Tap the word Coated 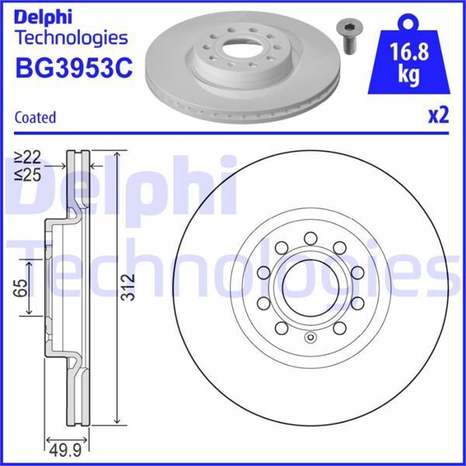[x=35, y=117]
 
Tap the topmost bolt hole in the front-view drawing [x=308, y=238]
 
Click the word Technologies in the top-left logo [x=71, y=37]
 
